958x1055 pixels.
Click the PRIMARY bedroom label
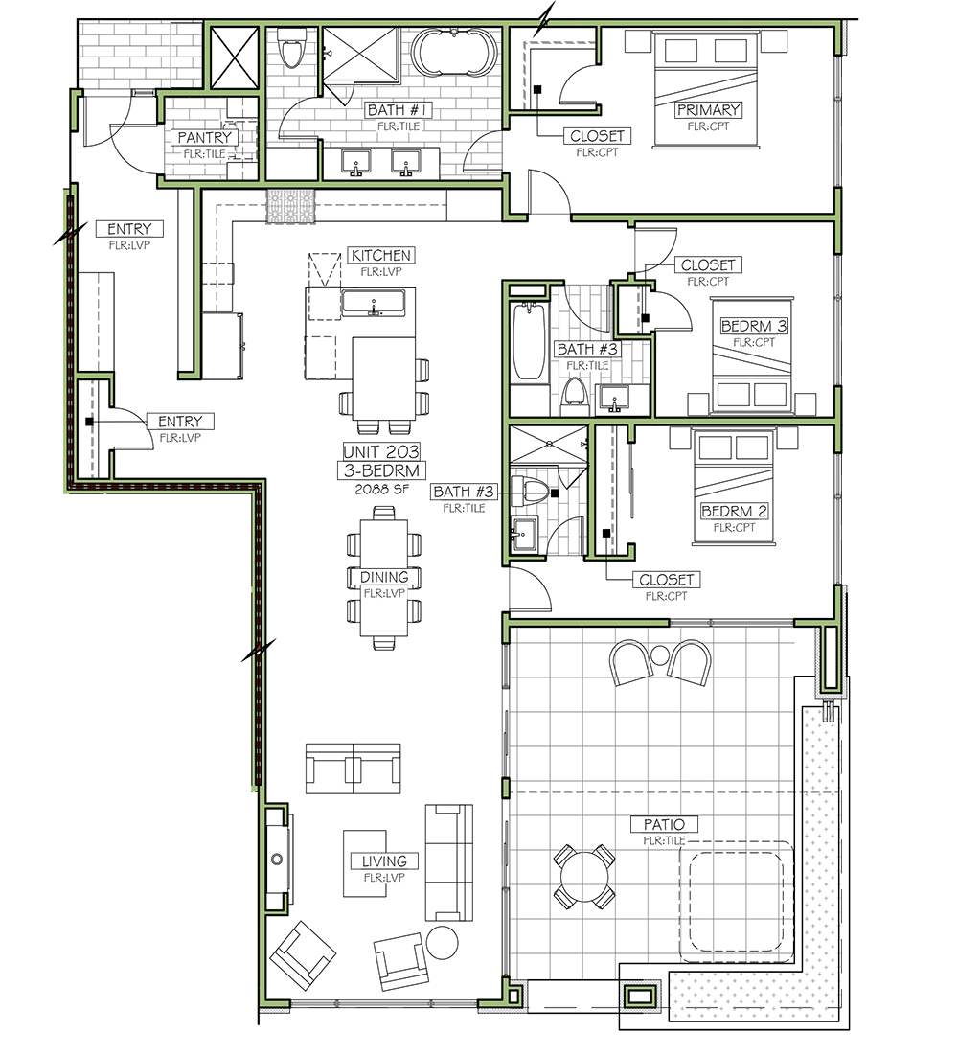coord(708,109)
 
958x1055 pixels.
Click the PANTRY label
coord(204,137)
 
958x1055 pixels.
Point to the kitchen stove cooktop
coord(290,206)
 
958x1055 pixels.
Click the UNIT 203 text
coord(381,452)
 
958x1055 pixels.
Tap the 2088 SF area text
coord(381,489)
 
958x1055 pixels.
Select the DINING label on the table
coord(384,577)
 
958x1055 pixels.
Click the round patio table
coord(584,877)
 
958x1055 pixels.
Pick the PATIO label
coord(664,824)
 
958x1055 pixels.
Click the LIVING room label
coord(384,861)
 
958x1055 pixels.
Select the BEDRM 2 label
coord(734,512)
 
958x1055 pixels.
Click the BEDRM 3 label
coord(754,327)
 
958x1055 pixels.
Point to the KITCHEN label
coord(380,256)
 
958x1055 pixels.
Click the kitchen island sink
coord(374,303)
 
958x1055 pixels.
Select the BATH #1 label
coord(399,109)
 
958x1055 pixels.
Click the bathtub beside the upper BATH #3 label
coord(529,343)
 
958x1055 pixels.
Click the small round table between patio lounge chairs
coord(660,654)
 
